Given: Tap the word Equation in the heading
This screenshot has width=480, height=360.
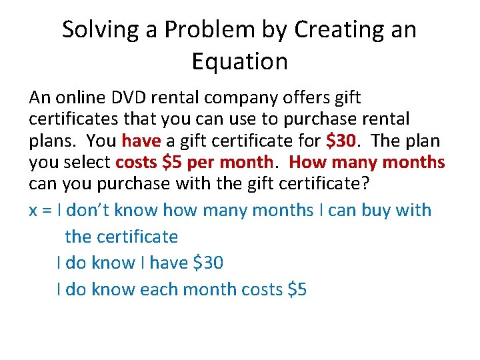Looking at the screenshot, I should click(x=240, y=61).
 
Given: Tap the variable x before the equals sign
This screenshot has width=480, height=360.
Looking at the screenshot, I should click(x=33, y=211).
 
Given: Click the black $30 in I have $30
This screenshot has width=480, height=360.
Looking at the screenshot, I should click(x=208, y=263).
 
